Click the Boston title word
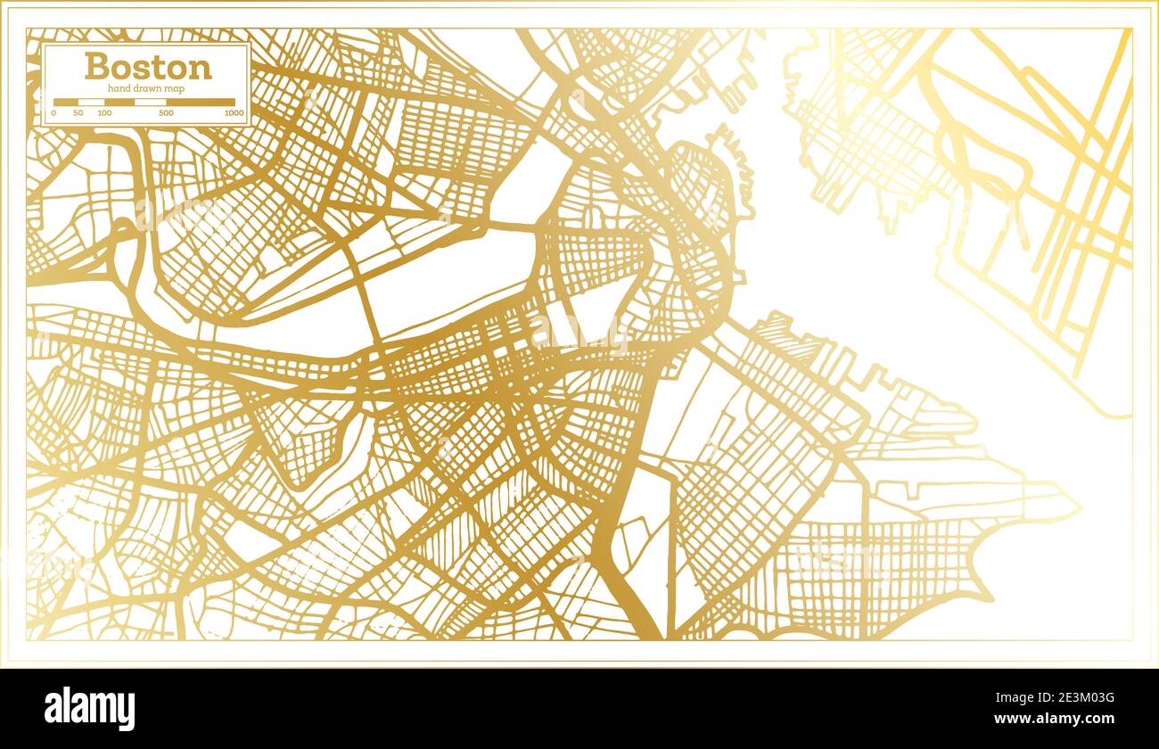(148, 67)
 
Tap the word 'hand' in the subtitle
(119, 89)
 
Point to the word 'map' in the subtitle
(177, 89)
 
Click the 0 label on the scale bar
(53, 113)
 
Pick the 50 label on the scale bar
(78, 113)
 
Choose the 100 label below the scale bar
(104, 113)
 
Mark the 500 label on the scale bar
(166, 113)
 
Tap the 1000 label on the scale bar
(234, 113)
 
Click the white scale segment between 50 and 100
(92, 103)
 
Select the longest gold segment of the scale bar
(201, 103)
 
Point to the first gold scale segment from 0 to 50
(66, 103)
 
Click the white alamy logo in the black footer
(89, 709)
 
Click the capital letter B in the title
(96, 67)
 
